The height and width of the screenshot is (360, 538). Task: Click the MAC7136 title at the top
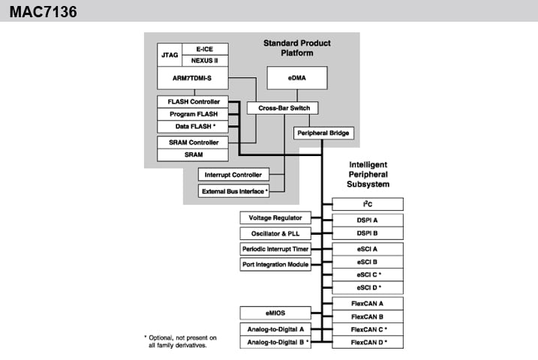coord(43,12)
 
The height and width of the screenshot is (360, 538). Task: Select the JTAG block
coord(169,55)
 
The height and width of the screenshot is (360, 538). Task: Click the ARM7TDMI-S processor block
coord(192,76)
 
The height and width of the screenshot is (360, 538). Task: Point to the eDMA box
coord(298,77)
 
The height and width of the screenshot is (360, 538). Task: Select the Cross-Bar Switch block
coord(278,108)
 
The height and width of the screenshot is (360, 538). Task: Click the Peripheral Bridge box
coord(322,133)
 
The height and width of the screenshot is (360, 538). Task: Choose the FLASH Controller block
coord(192,101)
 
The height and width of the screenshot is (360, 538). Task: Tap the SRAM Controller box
coord(192,142)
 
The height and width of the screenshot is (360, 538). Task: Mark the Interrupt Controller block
coord(234,175)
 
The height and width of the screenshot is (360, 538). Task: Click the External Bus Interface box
coord(234,191)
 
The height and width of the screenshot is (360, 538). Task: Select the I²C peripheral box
coord(368,204)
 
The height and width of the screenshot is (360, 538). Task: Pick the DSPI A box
coord(368,220)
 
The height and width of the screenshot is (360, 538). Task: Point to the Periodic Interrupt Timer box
coord(275,248)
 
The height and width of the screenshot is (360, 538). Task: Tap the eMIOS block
coord(275,313)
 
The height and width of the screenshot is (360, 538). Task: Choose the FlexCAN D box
coord(368,342)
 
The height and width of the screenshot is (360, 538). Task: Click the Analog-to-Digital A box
coord(275,328)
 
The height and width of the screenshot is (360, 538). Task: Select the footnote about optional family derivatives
coord(180,341)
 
